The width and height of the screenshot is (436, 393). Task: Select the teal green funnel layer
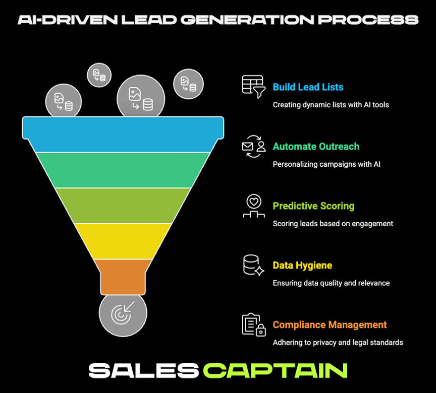click(x=123, y=169)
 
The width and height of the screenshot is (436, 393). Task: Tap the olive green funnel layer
click(x=123, y=205)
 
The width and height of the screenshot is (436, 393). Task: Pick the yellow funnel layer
click(x=123, y=241)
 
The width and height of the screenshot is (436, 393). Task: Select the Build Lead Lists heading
click(x=308, y=87)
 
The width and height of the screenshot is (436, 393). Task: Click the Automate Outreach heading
click(x=316, y=147)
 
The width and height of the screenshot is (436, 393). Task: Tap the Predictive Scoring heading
click(x=313, y=206)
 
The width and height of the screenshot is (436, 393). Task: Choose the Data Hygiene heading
click(x=302, y=266)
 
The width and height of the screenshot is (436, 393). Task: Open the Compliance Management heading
click(x=330, y=325)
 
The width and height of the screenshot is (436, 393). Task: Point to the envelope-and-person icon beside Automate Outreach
click(x=253, y=146)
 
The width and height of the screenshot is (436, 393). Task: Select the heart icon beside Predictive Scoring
click(x=253, y=206)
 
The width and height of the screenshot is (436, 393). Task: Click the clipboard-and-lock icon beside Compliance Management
click(x=253, y=325)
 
